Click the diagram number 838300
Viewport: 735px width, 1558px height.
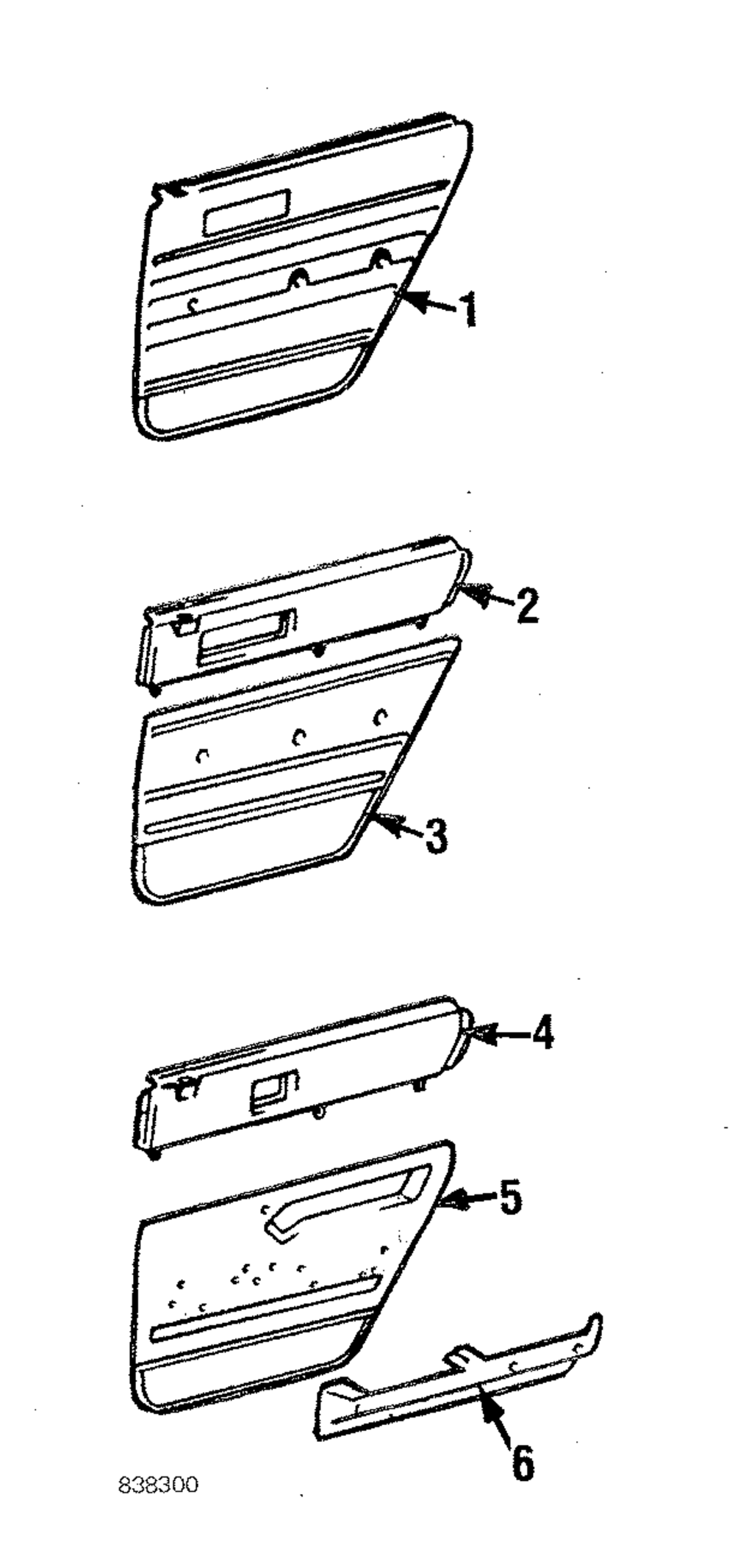pos(159,1485)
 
